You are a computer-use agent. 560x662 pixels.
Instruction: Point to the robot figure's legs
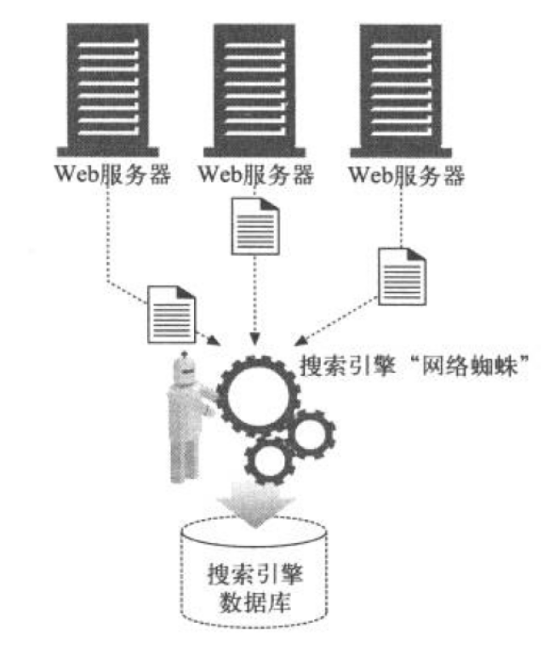pos(180,459)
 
